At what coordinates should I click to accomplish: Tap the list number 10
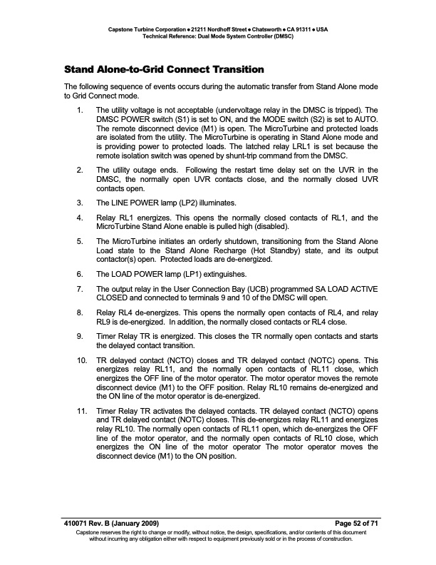coord(81,352)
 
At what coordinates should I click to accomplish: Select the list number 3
coord(80,203)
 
